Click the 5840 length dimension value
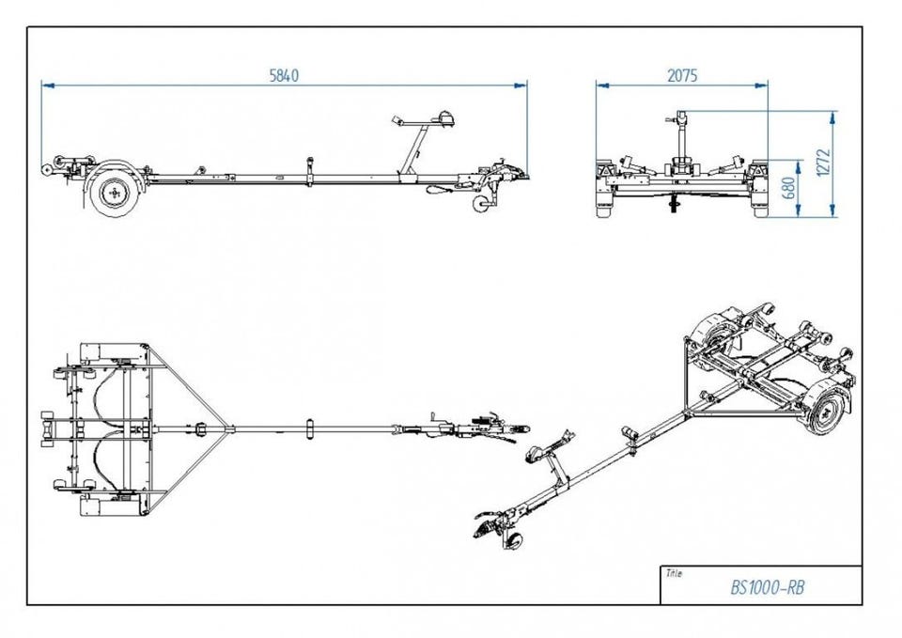tap(284, 76)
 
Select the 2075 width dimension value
tap(682, 76)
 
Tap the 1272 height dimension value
tap(824, 164)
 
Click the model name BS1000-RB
tap(767, 588)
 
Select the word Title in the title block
tap(674, 572)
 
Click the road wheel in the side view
tap(114, 192)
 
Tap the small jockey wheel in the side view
tap(483, 206)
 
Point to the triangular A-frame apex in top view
tap(229, 430)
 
